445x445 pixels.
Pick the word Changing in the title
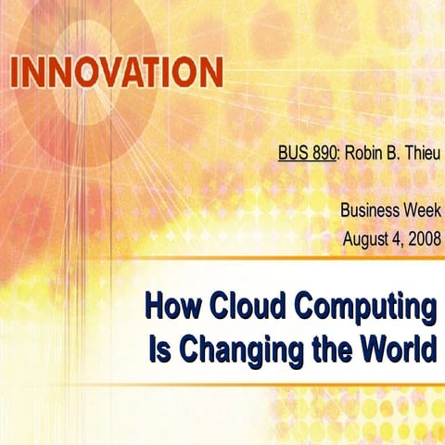tap(230, 351)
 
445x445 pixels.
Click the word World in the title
tap(392, 350)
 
